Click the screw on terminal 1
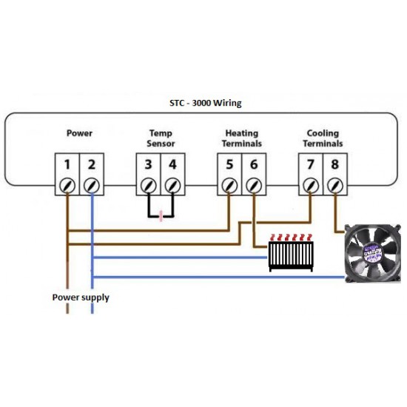[67, 186]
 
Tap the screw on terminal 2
[92, 186]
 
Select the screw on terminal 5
[229, 186]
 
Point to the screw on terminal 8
[335, 186]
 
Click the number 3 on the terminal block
[148, 164]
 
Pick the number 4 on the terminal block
[172, 164]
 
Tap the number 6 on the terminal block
[254, 164]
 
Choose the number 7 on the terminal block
[311, 164]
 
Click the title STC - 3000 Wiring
[206, 103]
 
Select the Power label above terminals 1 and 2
[79, 133]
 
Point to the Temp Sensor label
[161, 138]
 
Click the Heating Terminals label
[242, 138]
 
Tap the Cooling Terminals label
[323, 138]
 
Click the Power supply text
[81, 297]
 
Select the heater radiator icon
[291, 256]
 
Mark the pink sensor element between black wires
[161, 216]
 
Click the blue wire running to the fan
[218, 277]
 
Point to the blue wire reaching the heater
[180, 258]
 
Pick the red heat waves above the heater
[291, 238]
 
